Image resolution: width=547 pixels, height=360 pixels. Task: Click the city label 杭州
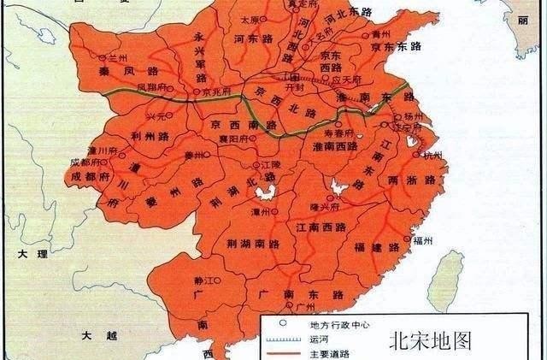tap(433, 156)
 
